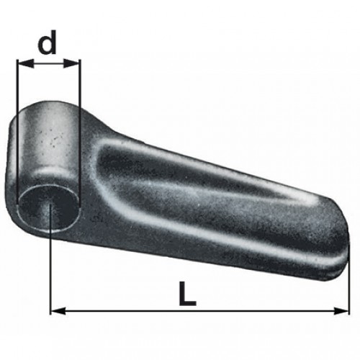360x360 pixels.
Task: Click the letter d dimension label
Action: (x=47, y=42)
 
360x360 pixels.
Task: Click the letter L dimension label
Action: (x=187, y=294)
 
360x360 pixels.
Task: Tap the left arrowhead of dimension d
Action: (x=25, y=63)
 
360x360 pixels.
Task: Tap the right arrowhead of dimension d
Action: (x=71, y=63)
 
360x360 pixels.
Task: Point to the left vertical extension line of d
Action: (x=17, y=132)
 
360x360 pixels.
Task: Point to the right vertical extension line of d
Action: (x=80, y=133)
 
